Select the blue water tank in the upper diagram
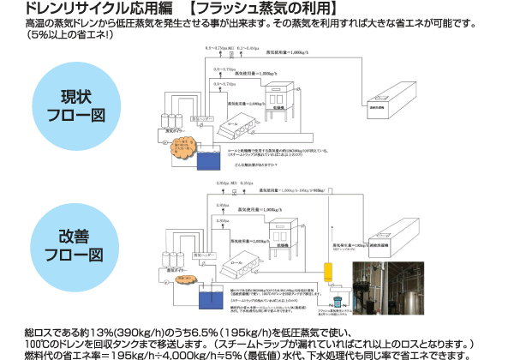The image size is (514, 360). tap(207, 159)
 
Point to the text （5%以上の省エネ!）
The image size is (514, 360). tap(78, 36)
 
